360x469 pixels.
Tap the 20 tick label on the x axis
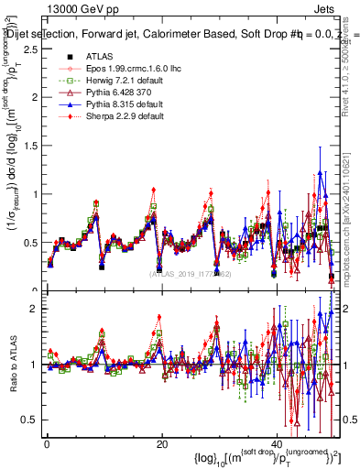(x=162, y=444)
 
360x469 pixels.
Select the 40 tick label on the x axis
(x=278, y=444)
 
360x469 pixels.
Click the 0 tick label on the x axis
(x=47, y=444)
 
